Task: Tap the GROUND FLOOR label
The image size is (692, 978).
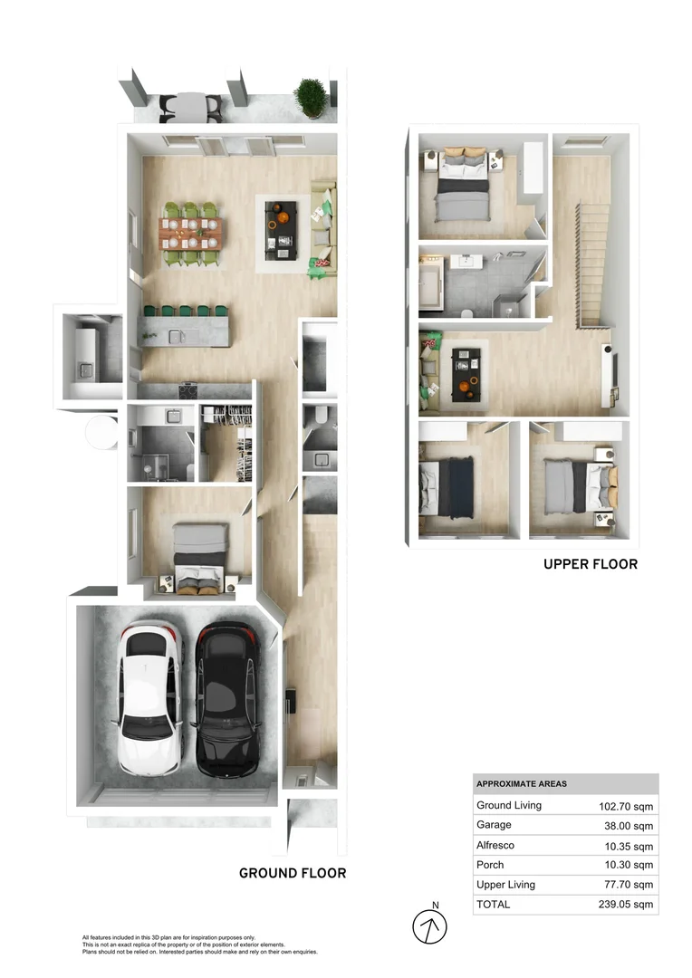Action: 292,873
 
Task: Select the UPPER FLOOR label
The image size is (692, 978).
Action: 590,564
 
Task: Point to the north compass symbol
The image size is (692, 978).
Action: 431,925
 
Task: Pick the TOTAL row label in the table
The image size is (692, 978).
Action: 493,904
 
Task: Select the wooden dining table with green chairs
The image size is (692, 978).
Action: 190,233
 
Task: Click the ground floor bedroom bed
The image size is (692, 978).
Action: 199,556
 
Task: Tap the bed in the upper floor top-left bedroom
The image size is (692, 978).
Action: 462,185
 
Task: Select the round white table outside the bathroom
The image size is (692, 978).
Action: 101,432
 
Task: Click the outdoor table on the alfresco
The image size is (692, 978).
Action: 190,105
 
